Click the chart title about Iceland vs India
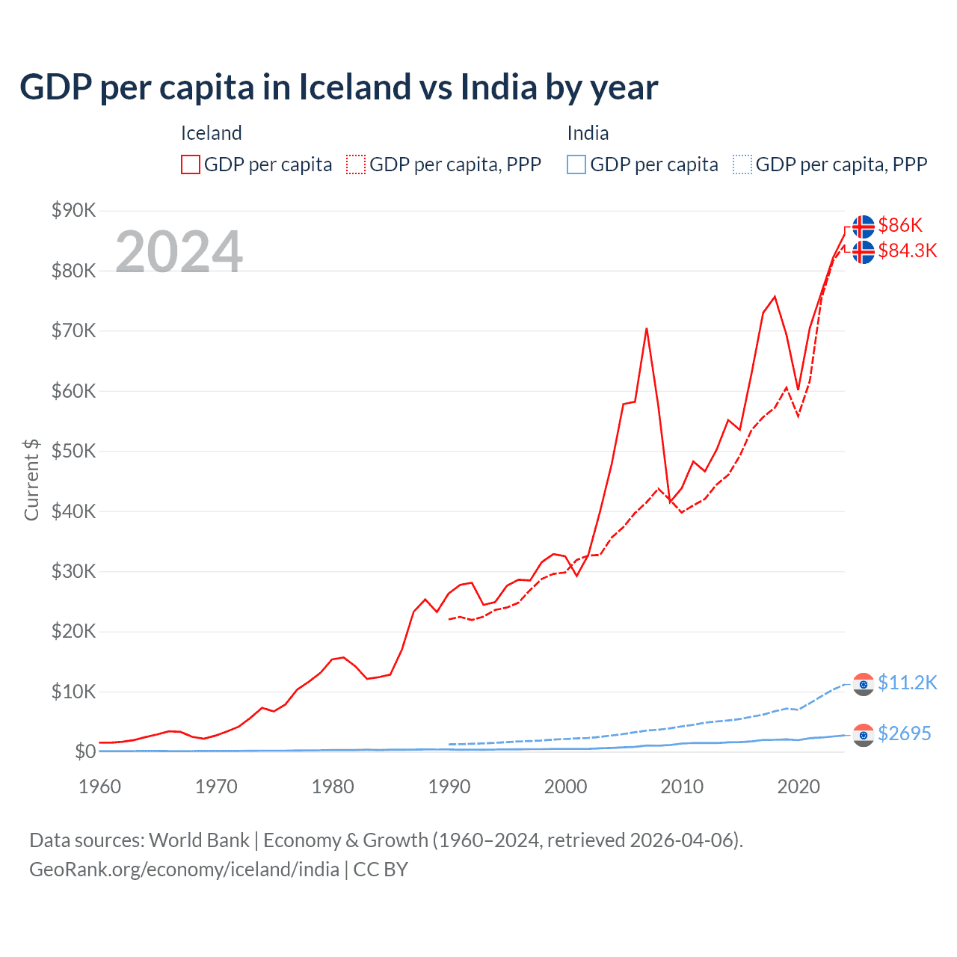[x=339, y=87]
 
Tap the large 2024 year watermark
[x=179, y=252]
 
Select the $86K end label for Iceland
[x=900, y=225]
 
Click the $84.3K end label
[x=907, y=250]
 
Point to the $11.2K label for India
[x=907, y=683]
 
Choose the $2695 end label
[x=904, y=733]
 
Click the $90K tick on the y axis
[x=73, y=210]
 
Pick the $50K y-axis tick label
[x=73, y=451]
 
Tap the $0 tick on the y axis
[x=84, y=751]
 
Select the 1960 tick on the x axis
[x=100, y=787]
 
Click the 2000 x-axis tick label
[x=566, y=787]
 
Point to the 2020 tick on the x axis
[x=798, y=787]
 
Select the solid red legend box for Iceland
[x=191, y=164]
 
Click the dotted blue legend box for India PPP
[x=742, y=164]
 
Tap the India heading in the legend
[x=588, y=133]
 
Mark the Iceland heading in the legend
[x=211, y=133]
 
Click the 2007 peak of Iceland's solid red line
[x=646, y=328]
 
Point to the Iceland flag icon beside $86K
[x=864, y=226]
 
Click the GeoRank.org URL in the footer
[x=184, y=870]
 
